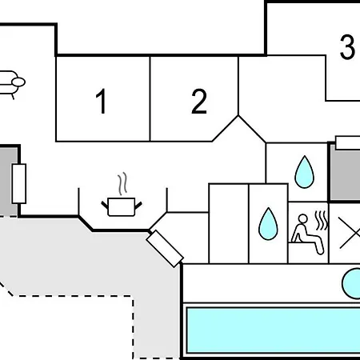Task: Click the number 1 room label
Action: pos(102,101)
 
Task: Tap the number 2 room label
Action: pos(199,102)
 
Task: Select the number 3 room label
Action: pos(347,47)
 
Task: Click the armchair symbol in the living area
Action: pos(12,84)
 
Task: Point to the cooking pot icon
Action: pos(122,206)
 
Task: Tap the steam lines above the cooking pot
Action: pos(122,183)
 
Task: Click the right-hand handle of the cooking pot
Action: pos(138,206)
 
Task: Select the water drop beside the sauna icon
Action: pos(268,224)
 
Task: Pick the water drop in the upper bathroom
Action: pos(304,172)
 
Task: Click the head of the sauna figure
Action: pos(302,218)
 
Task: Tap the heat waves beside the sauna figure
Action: pos(321,221)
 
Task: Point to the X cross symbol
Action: pos(350,233)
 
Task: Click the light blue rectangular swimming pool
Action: pos(274,330)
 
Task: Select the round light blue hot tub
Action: pos(352,284)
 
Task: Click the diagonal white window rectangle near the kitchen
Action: pos(165,249)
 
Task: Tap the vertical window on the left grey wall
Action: pos(19,184)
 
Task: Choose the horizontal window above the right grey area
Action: pos(348,142)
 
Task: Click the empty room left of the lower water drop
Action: pos(229,223)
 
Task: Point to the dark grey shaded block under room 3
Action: pos(346,174)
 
